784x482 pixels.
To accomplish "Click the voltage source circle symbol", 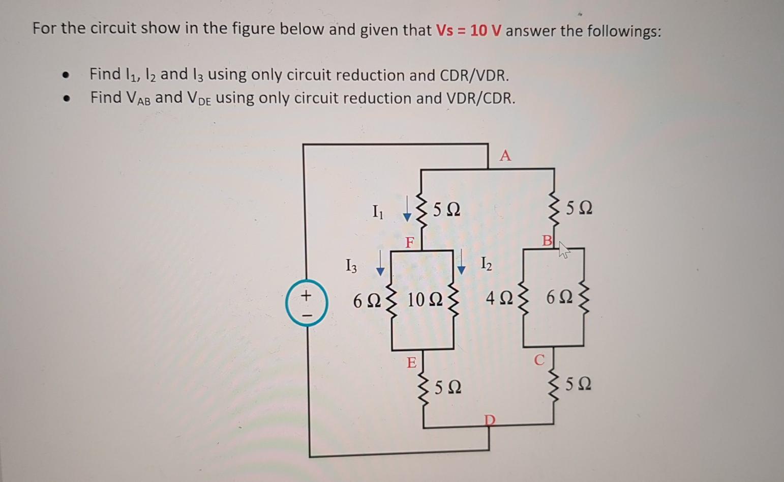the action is pyautogui.click(x=307, y=303).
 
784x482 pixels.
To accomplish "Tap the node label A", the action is pyautogui.click(x=505, y=155).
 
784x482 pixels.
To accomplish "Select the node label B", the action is pyautogui.click(x=547, y=240).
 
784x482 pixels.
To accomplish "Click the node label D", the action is pyautogui.click(x=489, y=420).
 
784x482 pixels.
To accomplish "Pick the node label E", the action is pyautogui.click(x=411, y=363).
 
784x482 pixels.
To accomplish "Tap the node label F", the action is pyautogui.click(x=410, y=242).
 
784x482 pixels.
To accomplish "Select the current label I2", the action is pyautogui.click(x=487, y=264).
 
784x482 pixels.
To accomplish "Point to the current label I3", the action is pyautogui.click(x=351, y=265).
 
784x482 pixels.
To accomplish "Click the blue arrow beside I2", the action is pyautogui.click(x=461, y=262).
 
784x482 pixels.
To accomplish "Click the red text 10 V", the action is pyautogui.click(x=486, y=31).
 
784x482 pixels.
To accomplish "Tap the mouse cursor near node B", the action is pyautogui.click(x=563, y=249).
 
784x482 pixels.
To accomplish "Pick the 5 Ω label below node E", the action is pyautogui.click(x=448, y=387).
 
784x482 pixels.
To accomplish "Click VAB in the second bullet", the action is pyautogui.click(x=136, y=98).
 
